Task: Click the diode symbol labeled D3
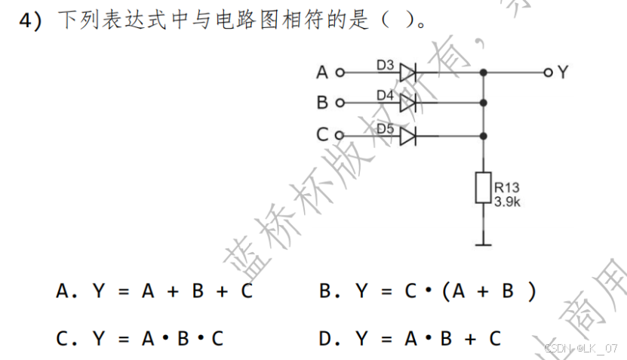click(408, 72)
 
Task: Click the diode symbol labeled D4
click(408, 103)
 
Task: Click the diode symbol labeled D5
click(408, 137)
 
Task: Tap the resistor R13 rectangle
click(483, 188)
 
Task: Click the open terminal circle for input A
click(340, 73)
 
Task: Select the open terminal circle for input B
click(340, 103)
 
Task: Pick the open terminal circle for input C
click(340, 137)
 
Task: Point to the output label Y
click(563, 72)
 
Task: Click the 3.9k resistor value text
click(507, 202)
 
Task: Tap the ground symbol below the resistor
click(483, 243)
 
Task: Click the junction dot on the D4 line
click(483, 103)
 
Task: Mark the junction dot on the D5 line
click(483, 137)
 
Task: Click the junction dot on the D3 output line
click(483, 72)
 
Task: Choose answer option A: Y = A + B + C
click(155, 291)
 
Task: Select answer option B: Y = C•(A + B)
click(427, 291)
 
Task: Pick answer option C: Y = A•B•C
click(140, 339)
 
